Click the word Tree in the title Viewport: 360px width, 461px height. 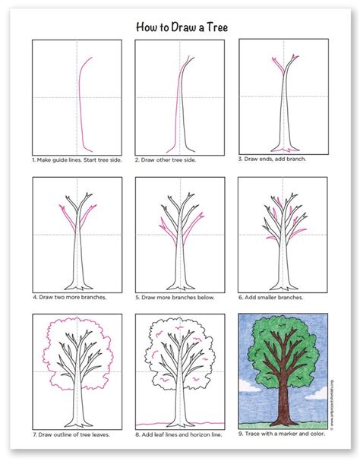[212, 26]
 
